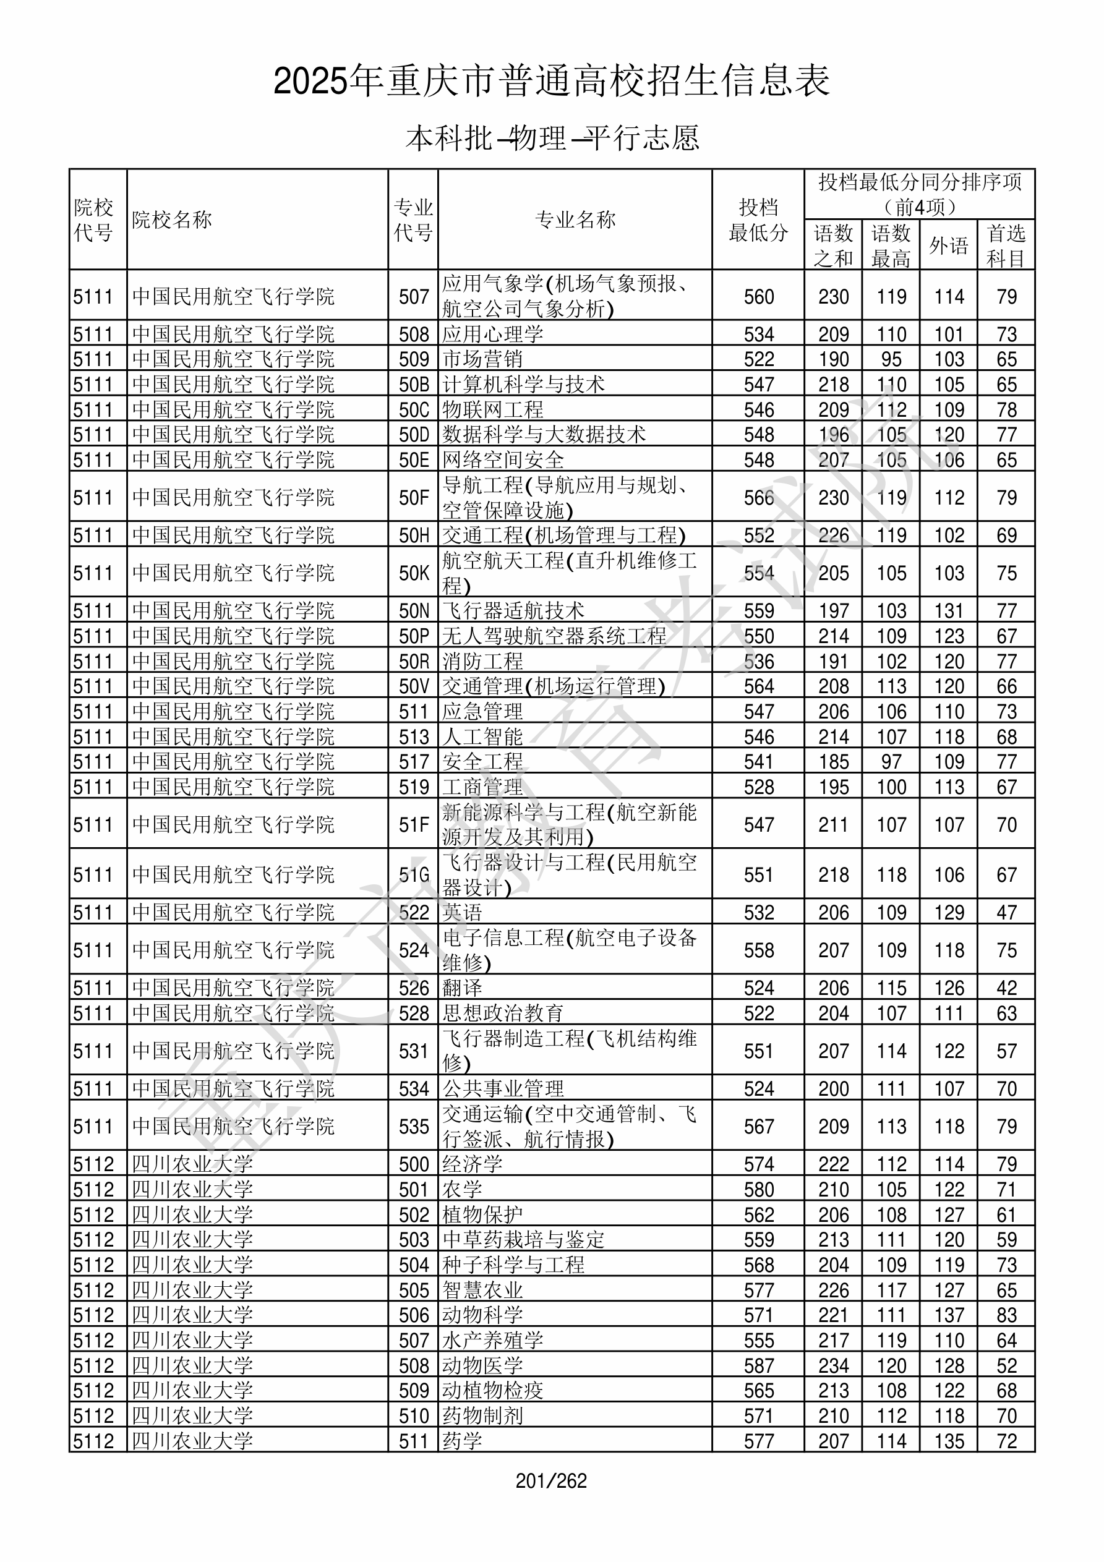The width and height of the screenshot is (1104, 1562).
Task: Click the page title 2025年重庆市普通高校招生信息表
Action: click(551, 82)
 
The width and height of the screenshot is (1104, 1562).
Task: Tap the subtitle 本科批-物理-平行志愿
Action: click(552, 138)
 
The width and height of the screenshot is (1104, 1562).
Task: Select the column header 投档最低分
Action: click(758, 220)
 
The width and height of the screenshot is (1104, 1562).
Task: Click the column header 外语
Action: click(948, 245)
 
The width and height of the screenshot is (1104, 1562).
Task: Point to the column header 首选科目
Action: click(1006, 245)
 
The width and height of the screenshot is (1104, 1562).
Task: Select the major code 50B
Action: click(413, 385)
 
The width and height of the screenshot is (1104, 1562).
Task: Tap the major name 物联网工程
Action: click(493, 409)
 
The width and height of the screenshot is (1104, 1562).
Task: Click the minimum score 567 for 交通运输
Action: click(758, 1127)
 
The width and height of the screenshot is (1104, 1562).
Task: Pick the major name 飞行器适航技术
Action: click(513, 611)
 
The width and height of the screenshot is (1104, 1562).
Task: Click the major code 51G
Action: click(413, 875)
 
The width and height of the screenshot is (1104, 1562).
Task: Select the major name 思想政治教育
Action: click(503, 1013)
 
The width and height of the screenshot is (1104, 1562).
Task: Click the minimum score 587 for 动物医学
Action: click(758, 1366)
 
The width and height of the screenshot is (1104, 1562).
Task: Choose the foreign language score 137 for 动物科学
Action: click(949, 1316)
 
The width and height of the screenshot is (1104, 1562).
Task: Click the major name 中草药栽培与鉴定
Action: click(523, 1240)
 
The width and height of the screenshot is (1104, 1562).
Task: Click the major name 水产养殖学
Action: click(493, 1341)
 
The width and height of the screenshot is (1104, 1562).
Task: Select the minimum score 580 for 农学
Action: click(758, 1190)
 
